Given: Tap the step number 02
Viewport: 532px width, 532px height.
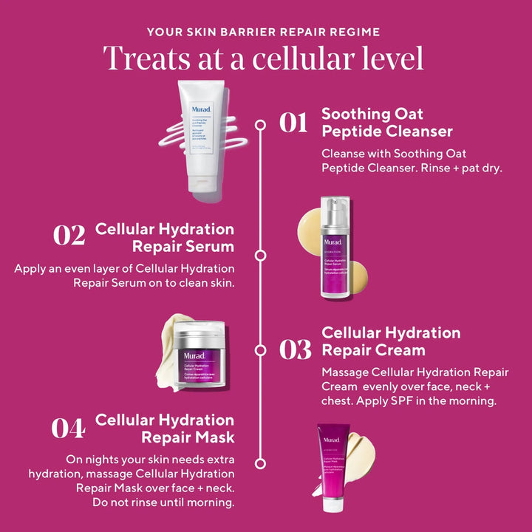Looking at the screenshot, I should click(69, 236).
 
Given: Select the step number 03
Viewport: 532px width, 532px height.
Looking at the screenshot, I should click(295, 349).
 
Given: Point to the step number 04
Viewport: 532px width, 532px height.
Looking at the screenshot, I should click(68, 429).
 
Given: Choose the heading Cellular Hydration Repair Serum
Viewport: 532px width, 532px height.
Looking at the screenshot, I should click(165, 237).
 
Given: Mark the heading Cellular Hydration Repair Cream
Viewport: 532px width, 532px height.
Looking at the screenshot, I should click(391, 341).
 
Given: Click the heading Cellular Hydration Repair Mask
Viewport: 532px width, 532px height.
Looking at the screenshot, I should click(165, 429).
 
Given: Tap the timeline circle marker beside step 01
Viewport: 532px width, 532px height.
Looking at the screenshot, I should click(260, 125).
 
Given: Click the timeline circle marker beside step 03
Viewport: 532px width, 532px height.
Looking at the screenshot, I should click(260, 349).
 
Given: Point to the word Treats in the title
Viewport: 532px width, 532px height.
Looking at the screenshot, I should click(144, 58).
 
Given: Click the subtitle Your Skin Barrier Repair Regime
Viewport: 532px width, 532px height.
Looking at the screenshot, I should click(264, 32).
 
